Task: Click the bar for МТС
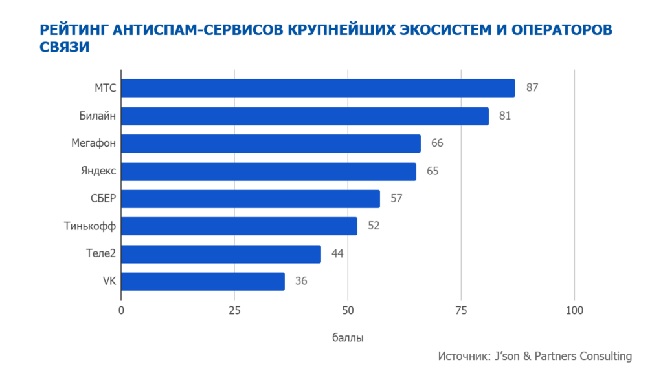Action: coord(318,88)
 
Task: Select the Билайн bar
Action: coord(305,116)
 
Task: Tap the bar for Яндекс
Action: coord(269,171)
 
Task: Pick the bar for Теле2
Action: coord(221,254)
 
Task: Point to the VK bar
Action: coord(203,281)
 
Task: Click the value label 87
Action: coord(532,88)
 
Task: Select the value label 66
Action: coord(437,143)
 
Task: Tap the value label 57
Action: coord(397,198)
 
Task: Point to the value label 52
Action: coord(373,226)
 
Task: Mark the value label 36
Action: coord(300,281)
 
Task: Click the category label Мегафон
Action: coord(93,143)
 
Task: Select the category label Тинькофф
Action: coord(90,226)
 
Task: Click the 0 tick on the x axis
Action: coord(121,311)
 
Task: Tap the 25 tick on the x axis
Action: coord(234,311)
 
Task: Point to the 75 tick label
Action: coord(461,311)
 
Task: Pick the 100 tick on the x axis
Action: coord(574,311)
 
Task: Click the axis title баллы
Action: coord(348,338)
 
